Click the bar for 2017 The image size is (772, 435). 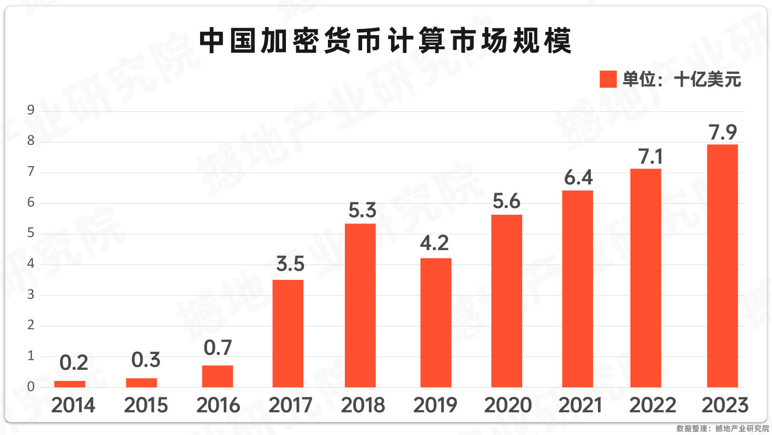click(x=288, y=333)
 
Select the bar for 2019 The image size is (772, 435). click(x=436, y=323)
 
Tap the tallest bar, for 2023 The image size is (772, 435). click(x=722, y=266)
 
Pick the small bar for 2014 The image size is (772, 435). click(x=70, y=384)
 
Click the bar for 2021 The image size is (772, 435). click(x=578, y=289)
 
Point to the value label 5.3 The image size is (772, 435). click(x=362, y=210)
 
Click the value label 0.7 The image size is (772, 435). click(x=218, y=348)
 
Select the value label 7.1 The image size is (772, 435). click(x=650, y=156)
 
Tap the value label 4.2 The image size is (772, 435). click(x=434, y=243)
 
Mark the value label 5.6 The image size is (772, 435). click(x=506, y=201)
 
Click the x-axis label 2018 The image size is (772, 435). click(x=363, y=405)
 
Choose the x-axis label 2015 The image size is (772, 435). click(x=146, y=405)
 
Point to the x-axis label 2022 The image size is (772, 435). click(x=653, y=405)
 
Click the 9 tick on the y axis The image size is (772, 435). click(x=31, y=110)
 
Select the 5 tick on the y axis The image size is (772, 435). click(x=31, y=233)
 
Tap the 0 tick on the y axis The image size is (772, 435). click(x=31, y=386)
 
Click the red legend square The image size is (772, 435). click(x=608, y=79)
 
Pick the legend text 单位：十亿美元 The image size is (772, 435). click(x=681, y=79)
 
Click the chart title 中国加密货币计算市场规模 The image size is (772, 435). click(x=385, y=41)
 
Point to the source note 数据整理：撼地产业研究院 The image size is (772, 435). click(x=722, y=428)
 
